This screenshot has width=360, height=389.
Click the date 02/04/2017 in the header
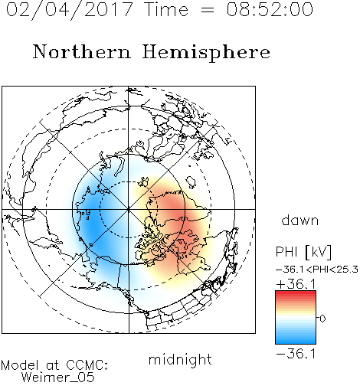click(70, 9)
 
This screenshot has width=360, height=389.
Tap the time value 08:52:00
click(270, 9)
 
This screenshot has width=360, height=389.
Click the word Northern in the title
click(82, 51)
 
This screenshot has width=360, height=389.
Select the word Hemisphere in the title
click(206, 53)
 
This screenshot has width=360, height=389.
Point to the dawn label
click(300, 220)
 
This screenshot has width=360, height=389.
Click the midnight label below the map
click(180, 360)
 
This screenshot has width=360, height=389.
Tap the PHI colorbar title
click(287, 252)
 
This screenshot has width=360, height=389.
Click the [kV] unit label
click(318, 252)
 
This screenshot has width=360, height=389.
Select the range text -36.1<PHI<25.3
click(317, 270)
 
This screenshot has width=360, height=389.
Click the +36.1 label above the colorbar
click(296, 284)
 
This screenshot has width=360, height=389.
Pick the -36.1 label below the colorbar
click(296, 354)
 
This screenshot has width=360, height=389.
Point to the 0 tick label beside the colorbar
click(322, 319)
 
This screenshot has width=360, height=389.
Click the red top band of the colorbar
click(296, 293)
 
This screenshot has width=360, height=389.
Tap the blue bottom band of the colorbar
click(296, 341)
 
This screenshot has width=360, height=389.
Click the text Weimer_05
click(57, 378)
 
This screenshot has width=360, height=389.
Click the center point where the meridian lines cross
click(129, 209)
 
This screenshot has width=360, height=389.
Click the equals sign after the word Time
click(208, 10)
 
